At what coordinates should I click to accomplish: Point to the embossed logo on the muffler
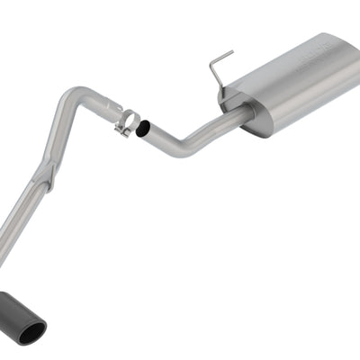337,53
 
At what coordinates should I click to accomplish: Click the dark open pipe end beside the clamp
143,129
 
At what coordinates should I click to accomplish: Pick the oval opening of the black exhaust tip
31,332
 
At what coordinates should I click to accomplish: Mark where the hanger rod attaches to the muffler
221,87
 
